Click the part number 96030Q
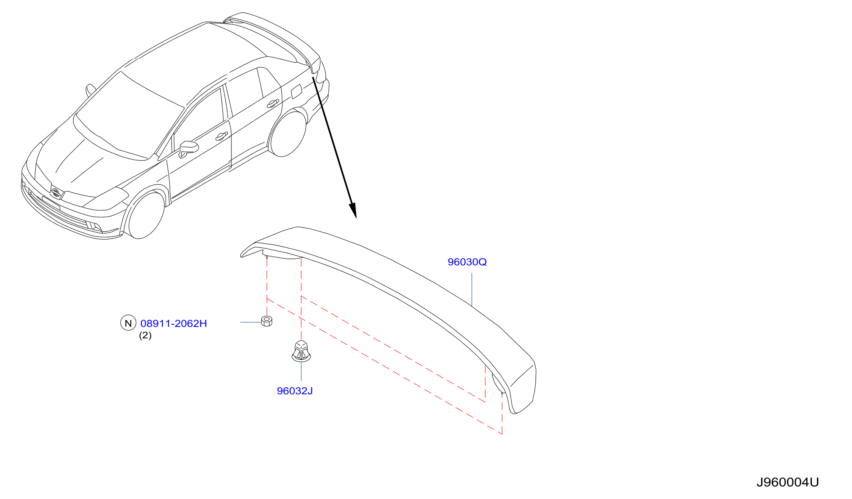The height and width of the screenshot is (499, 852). click(467, 262)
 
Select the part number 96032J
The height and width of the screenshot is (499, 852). click(295, 391)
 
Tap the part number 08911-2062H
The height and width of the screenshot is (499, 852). click(173, 324)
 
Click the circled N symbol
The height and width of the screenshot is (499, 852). click(128, 323)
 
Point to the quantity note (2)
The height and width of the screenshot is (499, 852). click(145, 336)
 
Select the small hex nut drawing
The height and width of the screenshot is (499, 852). click(267, 321)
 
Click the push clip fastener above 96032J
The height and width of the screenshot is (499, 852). click(301, 351)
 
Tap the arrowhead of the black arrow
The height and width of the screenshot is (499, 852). click(353, 210)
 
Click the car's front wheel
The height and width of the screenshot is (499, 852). click(146, 216)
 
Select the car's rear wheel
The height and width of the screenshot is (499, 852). click(288, 134)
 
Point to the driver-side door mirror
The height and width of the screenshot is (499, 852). click(188, 149)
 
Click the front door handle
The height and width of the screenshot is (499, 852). click(221, 136)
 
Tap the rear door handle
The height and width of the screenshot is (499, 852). click(273, 103)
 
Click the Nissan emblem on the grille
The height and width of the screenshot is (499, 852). click(56, 192)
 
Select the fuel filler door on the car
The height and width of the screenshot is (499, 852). click(296, 91)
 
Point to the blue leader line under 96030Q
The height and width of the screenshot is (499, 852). click(472, 290)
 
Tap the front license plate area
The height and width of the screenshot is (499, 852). click(51, 203)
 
